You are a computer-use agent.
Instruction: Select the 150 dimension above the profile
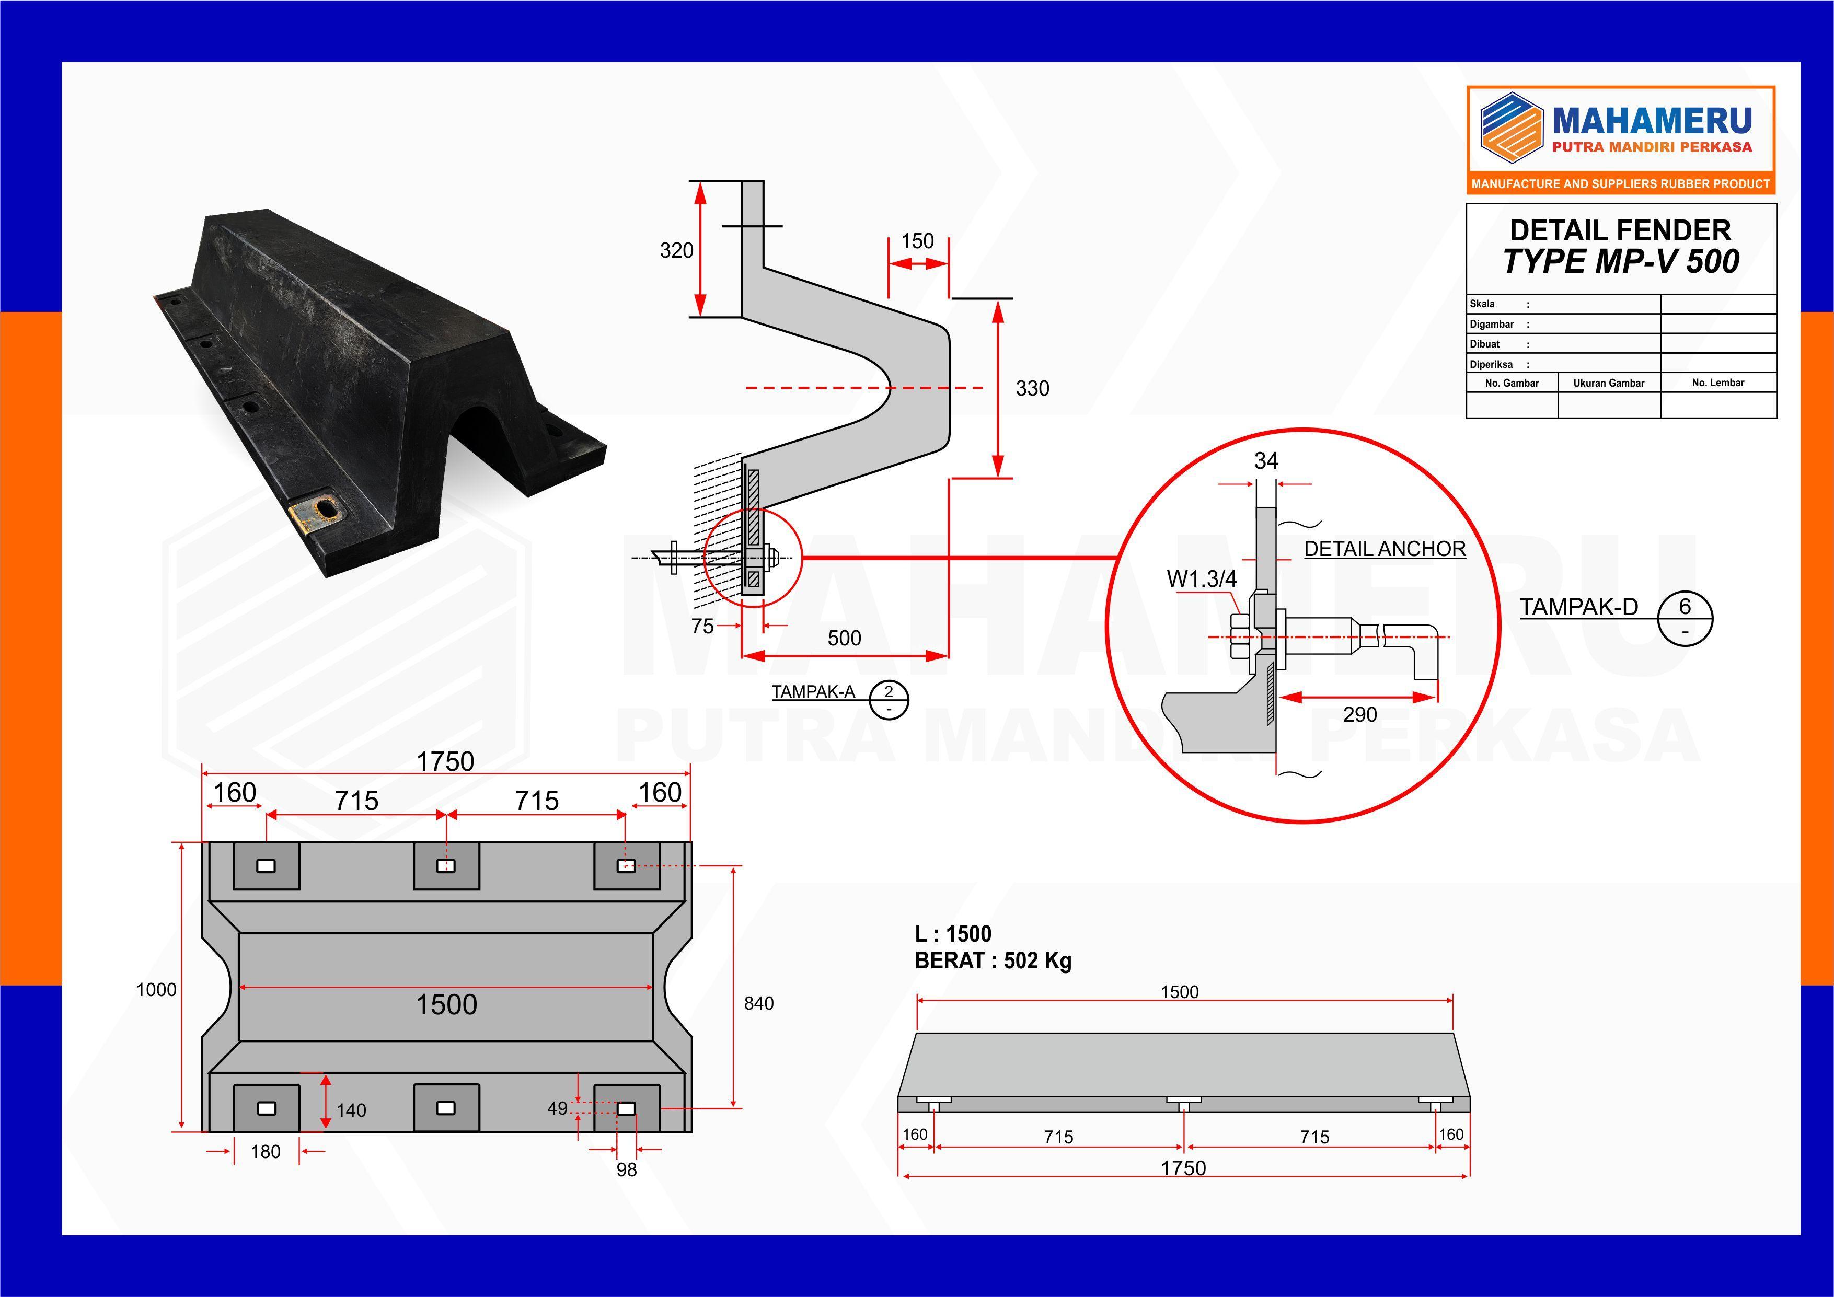pyautogui.click(x=917, y=241)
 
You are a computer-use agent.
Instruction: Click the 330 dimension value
pyautogui.click(x=1032, y=389)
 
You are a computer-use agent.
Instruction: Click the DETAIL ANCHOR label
pyautogui.click(x=1385, y=549)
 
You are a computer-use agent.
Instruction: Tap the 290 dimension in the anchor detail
pyautogui.click(x=1359, y=715)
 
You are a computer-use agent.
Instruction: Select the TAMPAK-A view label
pyautogui.click(x=812, y=692)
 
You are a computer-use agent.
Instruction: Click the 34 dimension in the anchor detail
pyautogui.click(x=1266, y=461)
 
